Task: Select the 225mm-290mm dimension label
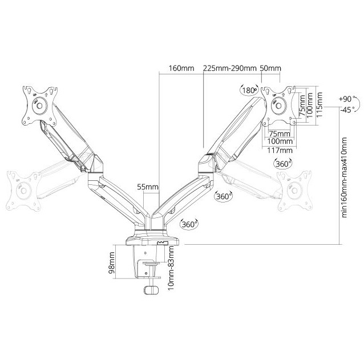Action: click(x=230, y=68)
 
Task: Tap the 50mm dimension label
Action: click(x=270, y=68)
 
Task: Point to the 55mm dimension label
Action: click(x=148, y=187)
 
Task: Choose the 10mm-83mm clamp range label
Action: click(x=171, y=268)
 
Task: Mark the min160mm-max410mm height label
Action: click(x=345, y=177)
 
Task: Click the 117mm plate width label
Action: click(x=280, y=151)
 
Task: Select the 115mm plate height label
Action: click(x=319, y=105)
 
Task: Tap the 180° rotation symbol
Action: click(x=249, y=90)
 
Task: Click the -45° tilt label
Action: click(x=347, y=110)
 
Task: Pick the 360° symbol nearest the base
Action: click(x=189, y=224)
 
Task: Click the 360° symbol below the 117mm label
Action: click(x=283, y=164)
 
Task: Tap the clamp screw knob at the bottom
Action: click(x=151, y=290)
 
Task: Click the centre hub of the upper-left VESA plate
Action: click(x=39, y=106)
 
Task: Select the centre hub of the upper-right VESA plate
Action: click(x=279, y=106)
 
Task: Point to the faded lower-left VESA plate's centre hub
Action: click(x=24, y=191)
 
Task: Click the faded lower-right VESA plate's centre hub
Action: click(x=294, y=191)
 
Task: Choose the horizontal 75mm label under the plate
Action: click(x=280, y=134)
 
